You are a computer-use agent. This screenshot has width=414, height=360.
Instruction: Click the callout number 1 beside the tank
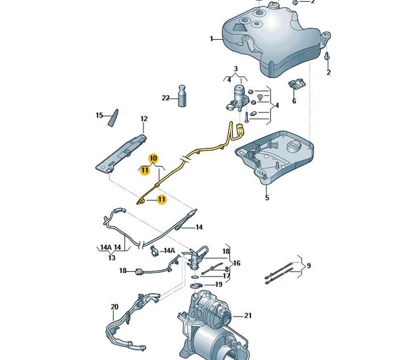211,39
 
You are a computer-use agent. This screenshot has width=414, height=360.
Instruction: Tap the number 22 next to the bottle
166,97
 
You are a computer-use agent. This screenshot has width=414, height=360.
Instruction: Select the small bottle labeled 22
182,95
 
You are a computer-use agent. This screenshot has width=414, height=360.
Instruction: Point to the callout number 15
99,116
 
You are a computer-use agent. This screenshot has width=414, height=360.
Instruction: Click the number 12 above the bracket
144,119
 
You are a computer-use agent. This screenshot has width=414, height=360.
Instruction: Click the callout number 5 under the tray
267,198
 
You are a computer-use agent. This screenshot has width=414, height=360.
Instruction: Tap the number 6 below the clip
294,101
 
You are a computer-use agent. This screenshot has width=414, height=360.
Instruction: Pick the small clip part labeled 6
297,83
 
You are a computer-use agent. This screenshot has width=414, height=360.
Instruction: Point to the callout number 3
235,69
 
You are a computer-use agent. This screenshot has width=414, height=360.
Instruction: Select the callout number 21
248,315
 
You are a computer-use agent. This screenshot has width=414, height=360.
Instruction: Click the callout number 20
114,307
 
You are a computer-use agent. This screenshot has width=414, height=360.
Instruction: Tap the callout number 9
309,266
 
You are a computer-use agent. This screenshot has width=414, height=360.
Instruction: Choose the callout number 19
218,284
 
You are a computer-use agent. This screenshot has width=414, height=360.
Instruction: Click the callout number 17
226,277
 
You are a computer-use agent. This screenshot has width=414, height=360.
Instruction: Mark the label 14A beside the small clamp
169,251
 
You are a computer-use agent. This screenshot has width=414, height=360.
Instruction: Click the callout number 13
111,257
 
